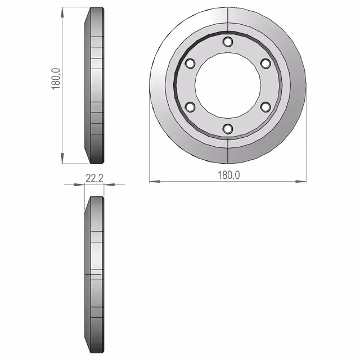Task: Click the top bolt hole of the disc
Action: [x=228, y=42]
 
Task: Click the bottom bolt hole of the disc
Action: [x=228, y=129]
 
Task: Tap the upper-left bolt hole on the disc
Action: [x=190, y=64]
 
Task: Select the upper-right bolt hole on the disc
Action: [x=265, y=64]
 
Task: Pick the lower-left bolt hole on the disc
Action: [x=190, y=107]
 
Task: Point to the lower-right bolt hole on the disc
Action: [x=265, y=107]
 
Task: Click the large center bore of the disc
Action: [x=228, y=85]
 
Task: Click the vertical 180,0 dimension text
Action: [x=56, y=79]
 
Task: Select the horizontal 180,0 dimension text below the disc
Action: [x=229, y=175]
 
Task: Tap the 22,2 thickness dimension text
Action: [x=94, y=178]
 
